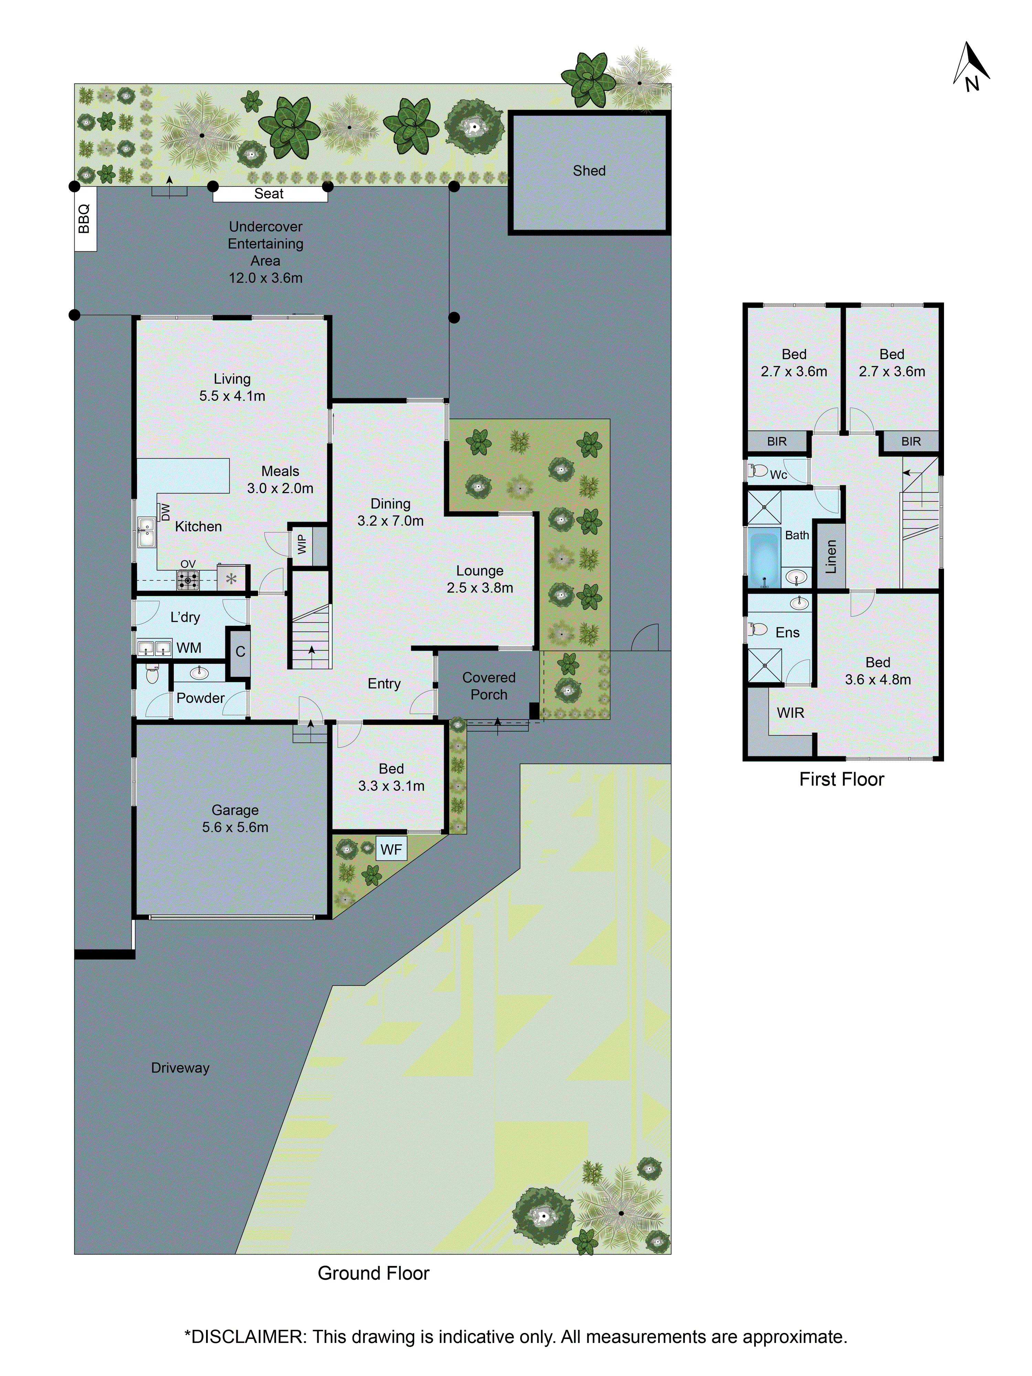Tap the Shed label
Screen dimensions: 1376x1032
(589, 170)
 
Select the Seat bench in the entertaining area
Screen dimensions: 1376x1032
(269, 194)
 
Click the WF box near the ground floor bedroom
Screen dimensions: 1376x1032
(391, 849)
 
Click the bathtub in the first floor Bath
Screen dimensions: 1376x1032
(764, 558)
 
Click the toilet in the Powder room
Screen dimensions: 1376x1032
(152, 674)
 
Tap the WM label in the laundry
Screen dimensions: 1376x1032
(189, 648)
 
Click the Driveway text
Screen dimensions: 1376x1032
(180, 1067)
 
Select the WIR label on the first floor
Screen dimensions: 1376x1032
(790, 712)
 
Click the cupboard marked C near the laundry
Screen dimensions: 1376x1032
(240, 651)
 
